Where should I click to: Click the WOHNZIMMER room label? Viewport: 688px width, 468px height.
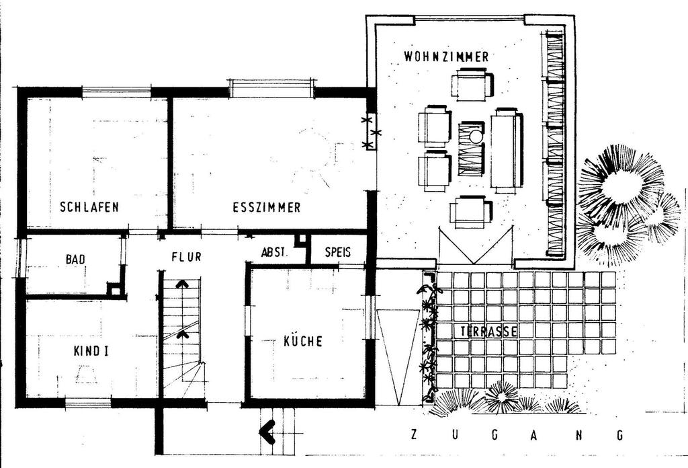(446, 56)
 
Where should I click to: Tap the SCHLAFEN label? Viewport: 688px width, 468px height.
(89, 207)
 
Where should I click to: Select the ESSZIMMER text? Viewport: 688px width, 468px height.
(267, 207)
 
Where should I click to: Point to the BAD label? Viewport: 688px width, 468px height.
(75, 259)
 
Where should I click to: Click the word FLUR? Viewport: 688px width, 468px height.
(187, 256)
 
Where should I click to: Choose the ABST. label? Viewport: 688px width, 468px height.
(274, 252)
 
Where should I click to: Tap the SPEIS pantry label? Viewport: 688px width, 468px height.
(338, 252)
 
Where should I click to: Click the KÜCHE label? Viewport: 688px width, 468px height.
(303, 341)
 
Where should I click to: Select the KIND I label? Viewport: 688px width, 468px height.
(91, 351)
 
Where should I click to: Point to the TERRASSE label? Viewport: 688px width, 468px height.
(489, 331)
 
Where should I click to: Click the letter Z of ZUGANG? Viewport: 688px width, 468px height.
(413, 434)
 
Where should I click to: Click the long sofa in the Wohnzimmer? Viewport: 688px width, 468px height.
(507, 150)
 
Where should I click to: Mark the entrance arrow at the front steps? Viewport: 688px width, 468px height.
(267, 432)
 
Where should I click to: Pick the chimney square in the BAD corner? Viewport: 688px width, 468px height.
(115, 290)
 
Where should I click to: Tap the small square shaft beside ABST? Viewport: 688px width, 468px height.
(301, 240)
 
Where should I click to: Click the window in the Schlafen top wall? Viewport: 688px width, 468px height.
(117, 91)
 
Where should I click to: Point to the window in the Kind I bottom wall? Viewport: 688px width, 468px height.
(88, 403)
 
